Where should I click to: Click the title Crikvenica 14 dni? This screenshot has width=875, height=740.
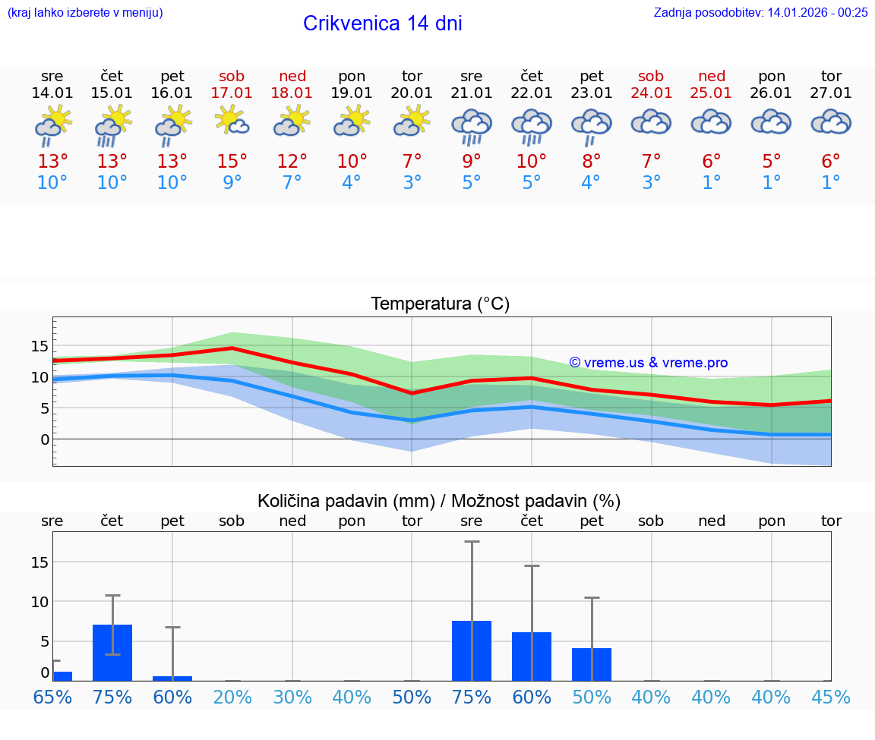point(382,24)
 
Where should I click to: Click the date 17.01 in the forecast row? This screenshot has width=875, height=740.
point(232,93)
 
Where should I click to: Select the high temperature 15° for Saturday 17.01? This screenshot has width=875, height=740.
point(232,162)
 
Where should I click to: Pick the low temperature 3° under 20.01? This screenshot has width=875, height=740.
point(412,183)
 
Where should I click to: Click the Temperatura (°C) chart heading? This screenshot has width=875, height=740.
point(440,304)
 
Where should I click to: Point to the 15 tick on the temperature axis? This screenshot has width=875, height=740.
point(39,346)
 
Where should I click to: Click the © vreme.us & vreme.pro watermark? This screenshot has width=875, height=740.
point(648,363)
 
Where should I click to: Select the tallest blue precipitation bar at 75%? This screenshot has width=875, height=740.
point(472,650)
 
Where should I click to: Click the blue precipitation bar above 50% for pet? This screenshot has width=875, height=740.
point(592,664)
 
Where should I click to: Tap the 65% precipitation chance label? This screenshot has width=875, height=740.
point(52,697)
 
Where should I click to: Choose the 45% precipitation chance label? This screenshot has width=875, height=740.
point(831,697)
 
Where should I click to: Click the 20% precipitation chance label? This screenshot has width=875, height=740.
point(232,697)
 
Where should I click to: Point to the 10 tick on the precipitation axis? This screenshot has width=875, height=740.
point(39,602)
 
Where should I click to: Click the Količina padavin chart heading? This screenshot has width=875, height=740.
point(439,501)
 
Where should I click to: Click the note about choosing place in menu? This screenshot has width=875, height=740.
point(85,12)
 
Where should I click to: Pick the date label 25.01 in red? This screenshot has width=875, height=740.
point(711,93)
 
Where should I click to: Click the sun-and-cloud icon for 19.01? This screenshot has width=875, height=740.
point(352,121)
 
